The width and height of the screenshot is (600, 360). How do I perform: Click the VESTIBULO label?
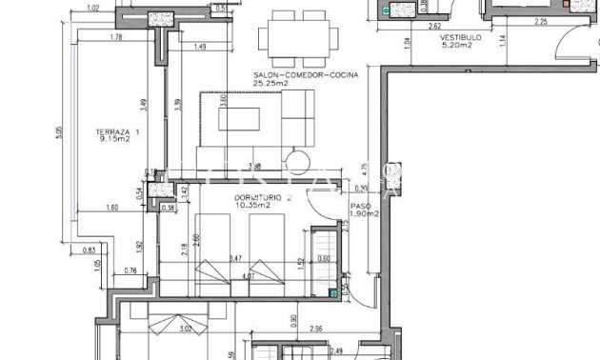[461, 39]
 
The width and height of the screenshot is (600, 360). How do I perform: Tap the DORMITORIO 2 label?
[260, 196]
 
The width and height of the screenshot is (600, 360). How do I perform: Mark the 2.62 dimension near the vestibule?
[433, 25]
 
